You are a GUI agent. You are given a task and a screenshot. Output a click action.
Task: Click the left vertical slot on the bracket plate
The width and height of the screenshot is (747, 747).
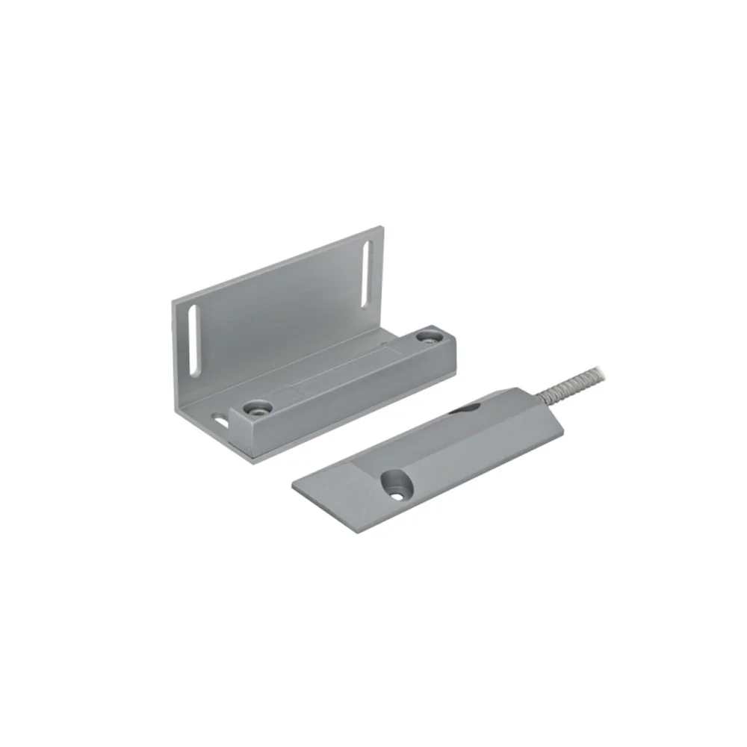click(195, 340)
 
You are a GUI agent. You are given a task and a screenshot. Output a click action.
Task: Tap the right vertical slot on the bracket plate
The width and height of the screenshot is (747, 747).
click(365, 276)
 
